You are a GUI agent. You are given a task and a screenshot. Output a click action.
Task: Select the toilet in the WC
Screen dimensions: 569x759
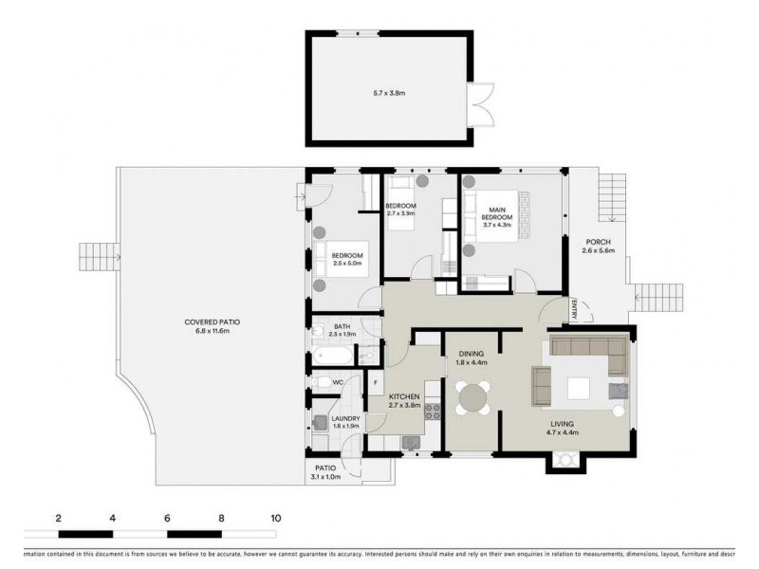[x=323, y=382]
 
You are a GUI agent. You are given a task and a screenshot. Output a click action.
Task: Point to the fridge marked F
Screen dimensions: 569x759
[x=377, y=384]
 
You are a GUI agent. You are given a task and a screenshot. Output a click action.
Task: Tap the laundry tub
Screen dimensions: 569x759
[x=320, y=423]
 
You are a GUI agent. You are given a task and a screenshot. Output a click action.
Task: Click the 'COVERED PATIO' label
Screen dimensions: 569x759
[x=207, y=322]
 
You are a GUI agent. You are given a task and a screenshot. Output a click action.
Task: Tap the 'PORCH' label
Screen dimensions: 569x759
[x=598, y=242]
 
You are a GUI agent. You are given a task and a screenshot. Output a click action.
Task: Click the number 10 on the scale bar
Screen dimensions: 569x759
[x=275, y=519]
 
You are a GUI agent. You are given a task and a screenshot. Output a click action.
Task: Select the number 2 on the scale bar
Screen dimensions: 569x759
[x=59, y=519]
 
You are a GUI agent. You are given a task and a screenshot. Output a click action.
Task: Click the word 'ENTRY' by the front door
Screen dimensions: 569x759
[x=576, y=308]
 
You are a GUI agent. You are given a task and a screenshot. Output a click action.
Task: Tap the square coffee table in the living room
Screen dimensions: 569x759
[x=578, y=388]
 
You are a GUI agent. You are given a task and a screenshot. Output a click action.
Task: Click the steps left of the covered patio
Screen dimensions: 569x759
[x=95, y=257]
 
